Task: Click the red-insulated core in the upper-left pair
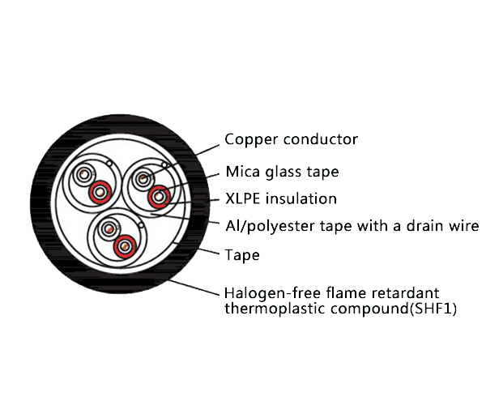pyautogui.click(x=100, y=192)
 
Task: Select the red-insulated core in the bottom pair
pyautogui.click(x=124, y=245)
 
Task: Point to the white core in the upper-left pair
pyautogui.click(x=83, y=175)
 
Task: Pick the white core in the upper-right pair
pyautogui.click(x=143, y=178)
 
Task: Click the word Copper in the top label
pyautogui.click(x=249, y=140)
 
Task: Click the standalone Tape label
pyautogui.click(x=242, y=255)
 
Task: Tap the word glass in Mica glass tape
pyautogui.click(x=291, y=172)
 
